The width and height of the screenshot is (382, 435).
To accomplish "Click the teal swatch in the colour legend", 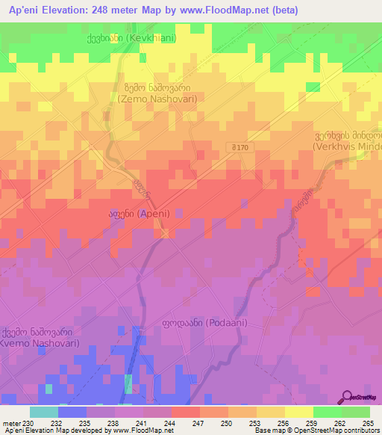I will pos(43,412).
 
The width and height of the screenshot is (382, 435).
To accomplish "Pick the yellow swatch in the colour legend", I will pos(298,412).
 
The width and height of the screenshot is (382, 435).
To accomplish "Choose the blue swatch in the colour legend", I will pos(72,412).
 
